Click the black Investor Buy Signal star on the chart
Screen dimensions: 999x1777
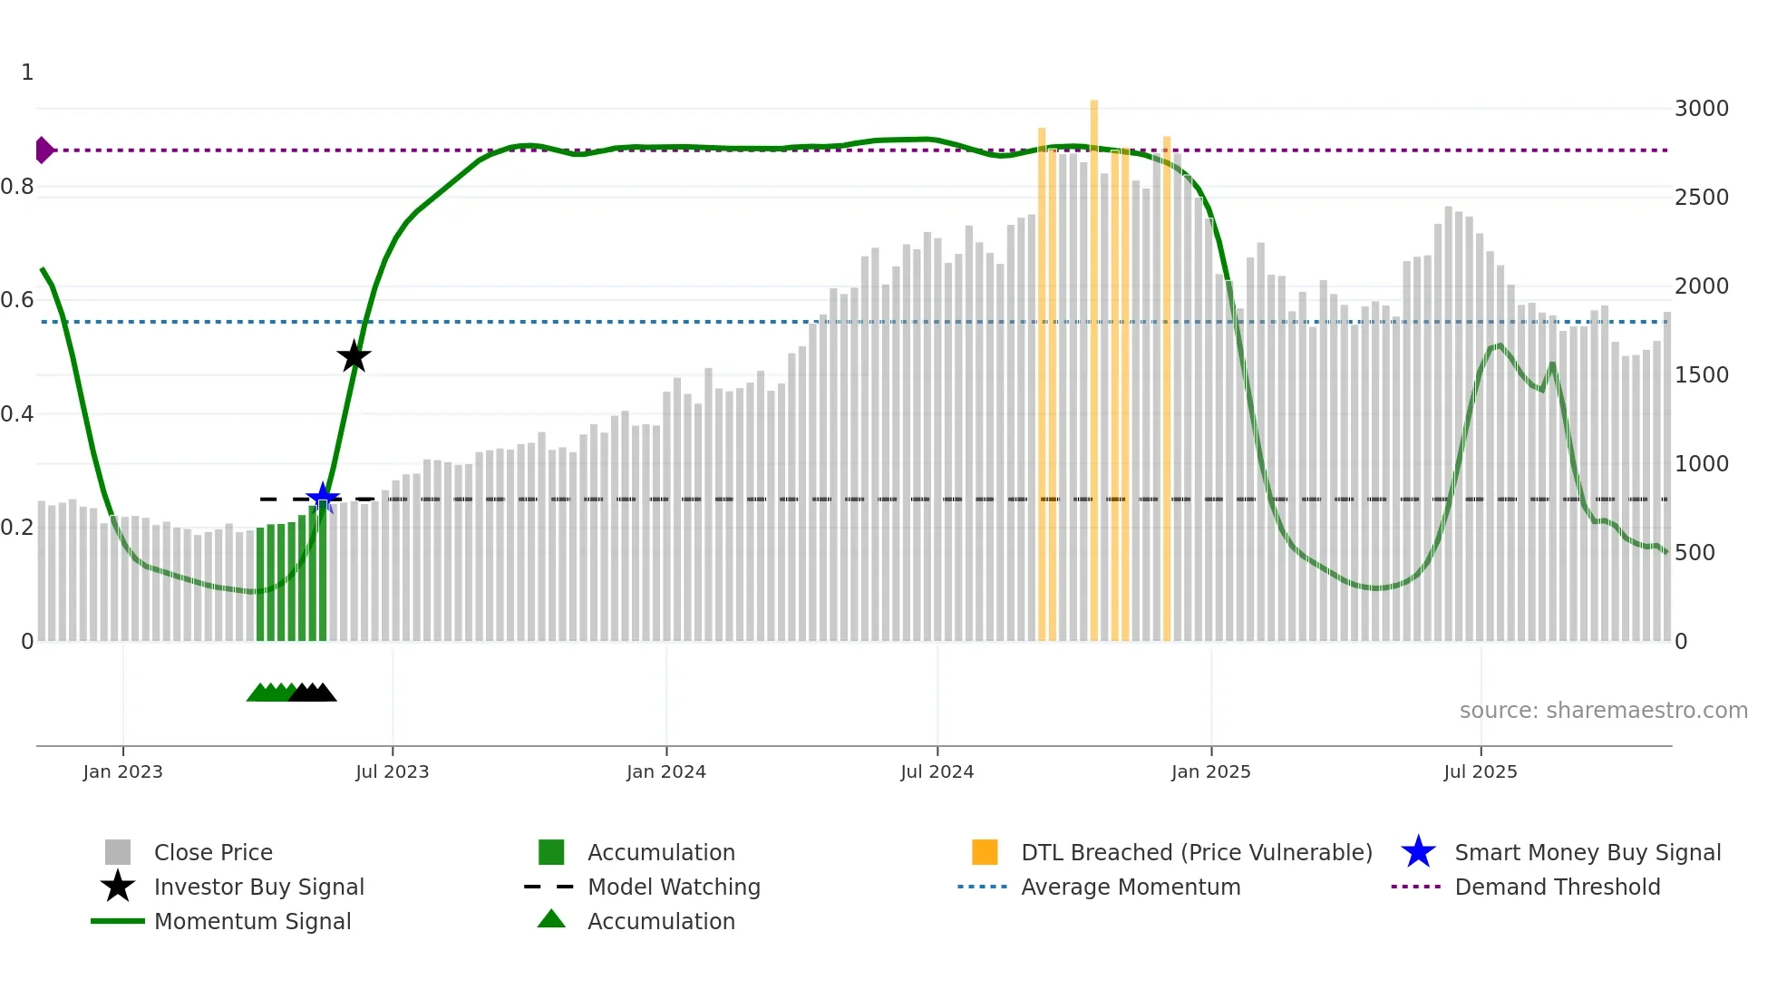[x=354, y=356]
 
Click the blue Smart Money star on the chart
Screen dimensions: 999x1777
[x=323, y=498]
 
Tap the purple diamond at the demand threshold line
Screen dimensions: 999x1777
[x=44, y=150]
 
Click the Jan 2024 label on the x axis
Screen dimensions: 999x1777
[x=665, y=771]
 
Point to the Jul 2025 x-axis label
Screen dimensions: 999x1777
[x=1480, y=771]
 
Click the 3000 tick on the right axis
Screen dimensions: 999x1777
[x=1701, y=109]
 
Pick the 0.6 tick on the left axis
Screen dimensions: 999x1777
[x=17, y=300]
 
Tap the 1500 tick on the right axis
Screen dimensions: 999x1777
[x=1701, y=375]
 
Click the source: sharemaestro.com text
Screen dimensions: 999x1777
[x=1603, y=710]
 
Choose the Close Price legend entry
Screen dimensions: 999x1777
[x=212, y=852]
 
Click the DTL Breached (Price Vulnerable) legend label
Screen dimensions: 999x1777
[x=1196, y=852]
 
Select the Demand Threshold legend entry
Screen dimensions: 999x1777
[x=1557, y=887]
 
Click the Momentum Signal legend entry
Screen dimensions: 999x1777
[x=252, y=921]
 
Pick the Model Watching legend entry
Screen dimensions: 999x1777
[x=674, y=887]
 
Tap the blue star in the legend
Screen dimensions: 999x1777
[x=1418, y=852]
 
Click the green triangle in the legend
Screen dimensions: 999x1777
[x=551, y=919]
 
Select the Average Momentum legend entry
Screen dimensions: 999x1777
[x=1130, y=887]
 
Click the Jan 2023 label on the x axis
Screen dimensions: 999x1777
[x=122, y=771]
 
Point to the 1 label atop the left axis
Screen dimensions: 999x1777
[x=27, y=73]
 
